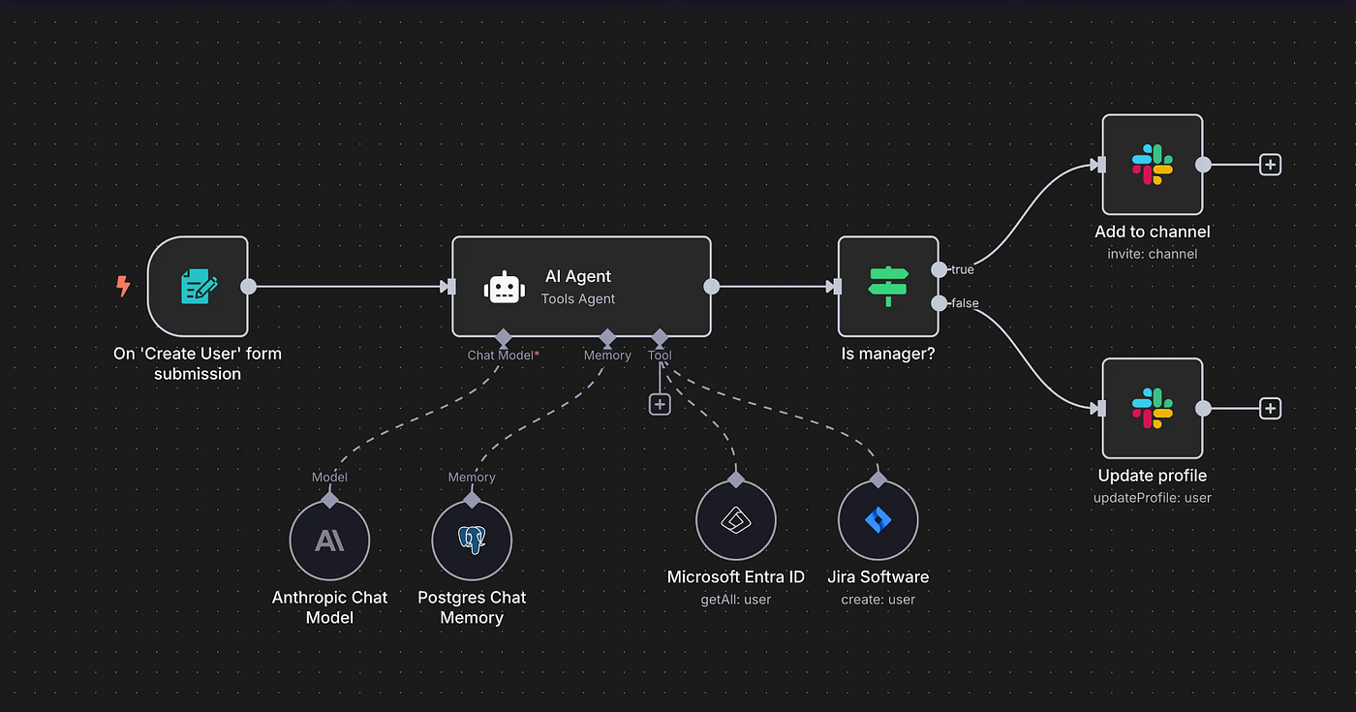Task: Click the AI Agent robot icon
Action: (x=505, y=288)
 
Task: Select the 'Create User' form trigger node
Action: (x=198, y=287)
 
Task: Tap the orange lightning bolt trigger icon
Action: (x=123, y=286)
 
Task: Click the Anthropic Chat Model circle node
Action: (x=329, y=541)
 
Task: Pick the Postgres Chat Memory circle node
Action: (x=472, y=541)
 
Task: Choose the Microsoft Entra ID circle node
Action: (x=736, y=520)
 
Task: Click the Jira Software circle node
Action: (x=878, y=520)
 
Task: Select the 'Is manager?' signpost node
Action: (x=888, y=287)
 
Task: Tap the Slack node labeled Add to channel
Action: (x=1153, y=165)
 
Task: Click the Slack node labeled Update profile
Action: (x=1153, y=409)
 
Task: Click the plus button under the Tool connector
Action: (x=660, y=404)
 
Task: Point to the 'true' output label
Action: (x=962, y=269)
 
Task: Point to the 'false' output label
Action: (x=965, y=303)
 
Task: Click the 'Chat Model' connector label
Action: (x=500, y=356)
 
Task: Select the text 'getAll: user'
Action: (x=736, y=600)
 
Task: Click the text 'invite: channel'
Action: (x=1153, y=254)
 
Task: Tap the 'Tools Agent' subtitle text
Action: (x=578, y=299)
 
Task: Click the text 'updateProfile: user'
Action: (x=1153, y=498)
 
